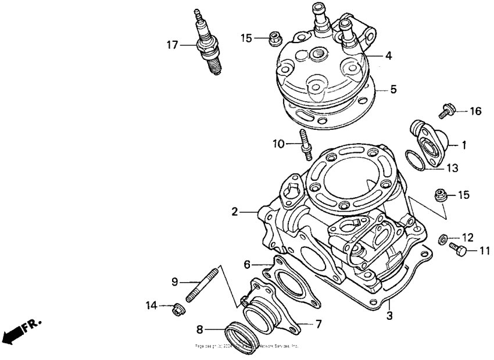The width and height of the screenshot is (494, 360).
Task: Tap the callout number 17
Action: point(171,44)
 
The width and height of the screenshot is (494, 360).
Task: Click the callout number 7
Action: point(318,323)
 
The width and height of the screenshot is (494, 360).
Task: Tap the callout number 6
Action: point(247,264)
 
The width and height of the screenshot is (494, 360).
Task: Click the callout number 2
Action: point(235,212)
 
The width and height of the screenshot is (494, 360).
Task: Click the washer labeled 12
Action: point(442,237)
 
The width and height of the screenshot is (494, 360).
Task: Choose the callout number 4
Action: point(388,56)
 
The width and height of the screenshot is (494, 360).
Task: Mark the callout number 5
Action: point(393,90)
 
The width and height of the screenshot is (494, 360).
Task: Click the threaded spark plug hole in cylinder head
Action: point(317,54)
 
